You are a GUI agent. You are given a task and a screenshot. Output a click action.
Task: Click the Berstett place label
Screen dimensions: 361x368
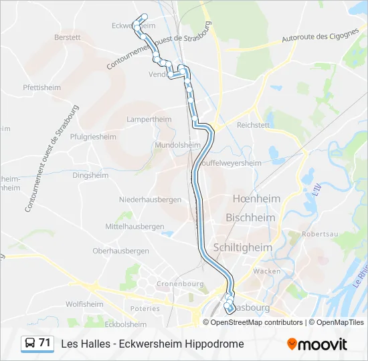[68, 37]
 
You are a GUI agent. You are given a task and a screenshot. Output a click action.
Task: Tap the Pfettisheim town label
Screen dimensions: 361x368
[41, 88]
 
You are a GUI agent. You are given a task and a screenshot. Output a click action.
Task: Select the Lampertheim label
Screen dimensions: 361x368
[149, 119]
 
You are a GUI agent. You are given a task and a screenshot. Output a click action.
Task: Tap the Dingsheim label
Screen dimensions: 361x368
[90, 176]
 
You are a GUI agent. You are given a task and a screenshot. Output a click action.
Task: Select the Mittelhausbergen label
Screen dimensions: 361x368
[134, 227]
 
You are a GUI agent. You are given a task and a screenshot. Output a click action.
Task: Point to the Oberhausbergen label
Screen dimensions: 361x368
[120, 251]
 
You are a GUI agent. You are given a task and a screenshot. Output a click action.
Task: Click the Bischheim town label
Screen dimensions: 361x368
[250, 218]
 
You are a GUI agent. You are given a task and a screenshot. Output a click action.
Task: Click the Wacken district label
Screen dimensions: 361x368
[267, 271]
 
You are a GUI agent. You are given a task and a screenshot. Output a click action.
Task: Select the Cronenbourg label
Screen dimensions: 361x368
[180, 284]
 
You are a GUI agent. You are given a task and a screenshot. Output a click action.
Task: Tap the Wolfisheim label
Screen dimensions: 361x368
[84, 304]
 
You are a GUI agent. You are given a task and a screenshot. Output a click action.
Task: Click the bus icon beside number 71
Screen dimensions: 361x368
[29, 344]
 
